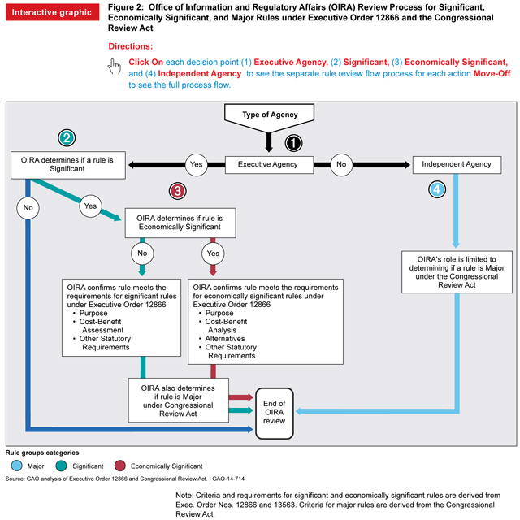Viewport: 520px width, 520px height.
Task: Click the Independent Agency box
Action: coord(457,164)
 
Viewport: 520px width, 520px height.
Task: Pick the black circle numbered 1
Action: coord(293,142)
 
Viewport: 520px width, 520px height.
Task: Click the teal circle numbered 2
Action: coord(67,137)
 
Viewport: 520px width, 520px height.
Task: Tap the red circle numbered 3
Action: coord(177,191)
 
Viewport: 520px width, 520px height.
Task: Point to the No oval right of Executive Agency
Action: coord(341,164)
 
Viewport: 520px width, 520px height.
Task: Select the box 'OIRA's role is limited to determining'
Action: coord(456,271)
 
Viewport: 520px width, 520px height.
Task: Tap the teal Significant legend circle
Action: coord(62,466)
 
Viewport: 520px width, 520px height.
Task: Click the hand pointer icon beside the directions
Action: coord(115,67)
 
